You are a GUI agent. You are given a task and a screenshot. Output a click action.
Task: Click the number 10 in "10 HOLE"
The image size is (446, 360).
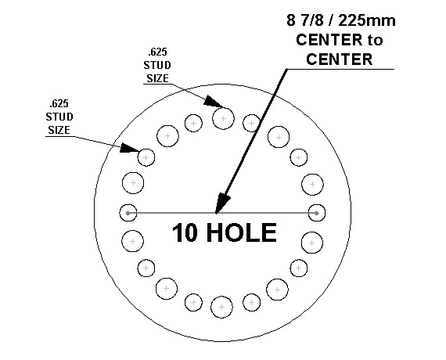coord(185,232)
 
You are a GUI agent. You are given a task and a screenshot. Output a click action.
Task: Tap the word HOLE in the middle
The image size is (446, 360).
coord(242,232)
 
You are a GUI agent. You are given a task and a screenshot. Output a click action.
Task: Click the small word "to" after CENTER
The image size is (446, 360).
coord(375,40)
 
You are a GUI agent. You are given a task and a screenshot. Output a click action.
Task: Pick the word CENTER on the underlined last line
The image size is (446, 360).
coord(340,59)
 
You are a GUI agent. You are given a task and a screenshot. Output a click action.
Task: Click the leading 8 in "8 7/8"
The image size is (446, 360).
coord(291,20)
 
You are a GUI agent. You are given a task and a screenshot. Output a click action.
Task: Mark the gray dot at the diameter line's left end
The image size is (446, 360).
coord(128,213)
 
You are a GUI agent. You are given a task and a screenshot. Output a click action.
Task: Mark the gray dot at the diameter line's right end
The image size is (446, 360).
coord(317,213)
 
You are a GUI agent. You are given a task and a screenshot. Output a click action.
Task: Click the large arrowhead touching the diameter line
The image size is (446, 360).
coord(222,203)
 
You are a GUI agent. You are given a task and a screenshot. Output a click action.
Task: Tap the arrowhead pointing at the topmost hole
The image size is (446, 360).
coord(214,101)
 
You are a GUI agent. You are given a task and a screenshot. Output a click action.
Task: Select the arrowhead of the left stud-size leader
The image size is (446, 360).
coord(129,148)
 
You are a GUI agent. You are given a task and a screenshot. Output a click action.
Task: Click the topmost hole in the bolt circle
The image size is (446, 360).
coord(223,118)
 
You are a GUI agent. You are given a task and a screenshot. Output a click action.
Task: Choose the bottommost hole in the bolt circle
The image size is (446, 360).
coord(222,307)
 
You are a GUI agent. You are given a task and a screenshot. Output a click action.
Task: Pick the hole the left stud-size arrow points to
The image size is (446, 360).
coord(146,157)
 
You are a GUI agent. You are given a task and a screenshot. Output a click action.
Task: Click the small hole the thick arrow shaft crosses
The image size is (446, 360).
coord(251,123)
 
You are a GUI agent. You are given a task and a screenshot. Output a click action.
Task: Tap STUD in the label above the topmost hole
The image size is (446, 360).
coord(157,65)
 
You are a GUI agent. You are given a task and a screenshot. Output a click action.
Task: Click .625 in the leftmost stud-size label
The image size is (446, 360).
coord(59,103)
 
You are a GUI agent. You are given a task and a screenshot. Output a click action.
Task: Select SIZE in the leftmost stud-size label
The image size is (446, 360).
coord(59,130)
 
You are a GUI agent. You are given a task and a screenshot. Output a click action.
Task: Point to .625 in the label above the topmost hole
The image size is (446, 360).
coord(157,52)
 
